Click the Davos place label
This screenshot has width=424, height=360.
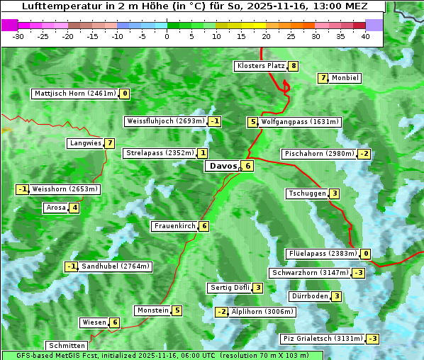(x=222, y=167)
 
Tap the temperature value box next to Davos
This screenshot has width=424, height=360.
(x=247, y=167)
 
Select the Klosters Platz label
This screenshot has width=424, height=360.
(x=261, y=66)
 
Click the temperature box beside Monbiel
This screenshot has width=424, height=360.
(x=323, y=78)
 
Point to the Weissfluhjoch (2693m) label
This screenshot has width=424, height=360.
(x=166, y=121)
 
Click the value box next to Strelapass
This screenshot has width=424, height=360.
(x=203, y=153)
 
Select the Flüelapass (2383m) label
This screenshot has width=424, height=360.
(x=323, y=254)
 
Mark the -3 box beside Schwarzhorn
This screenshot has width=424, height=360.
(x=359, y=273)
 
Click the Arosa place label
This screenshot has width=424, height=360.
(x=55, y=208)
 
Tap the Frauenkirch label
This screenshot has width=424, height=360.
(x=174, y=226)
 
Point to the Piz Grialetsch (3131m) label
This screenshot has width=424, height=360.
(x=323, y=339)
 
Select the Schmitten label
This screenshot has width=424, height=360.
(x=66, y=345)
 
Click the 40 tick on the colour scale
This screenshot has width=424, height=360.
(x=365, y=36)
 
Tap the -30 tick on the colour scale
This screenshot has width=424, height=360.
(x=18, y=36)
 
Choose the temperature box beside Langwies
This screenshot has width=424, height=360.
(x=109, y=143)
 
